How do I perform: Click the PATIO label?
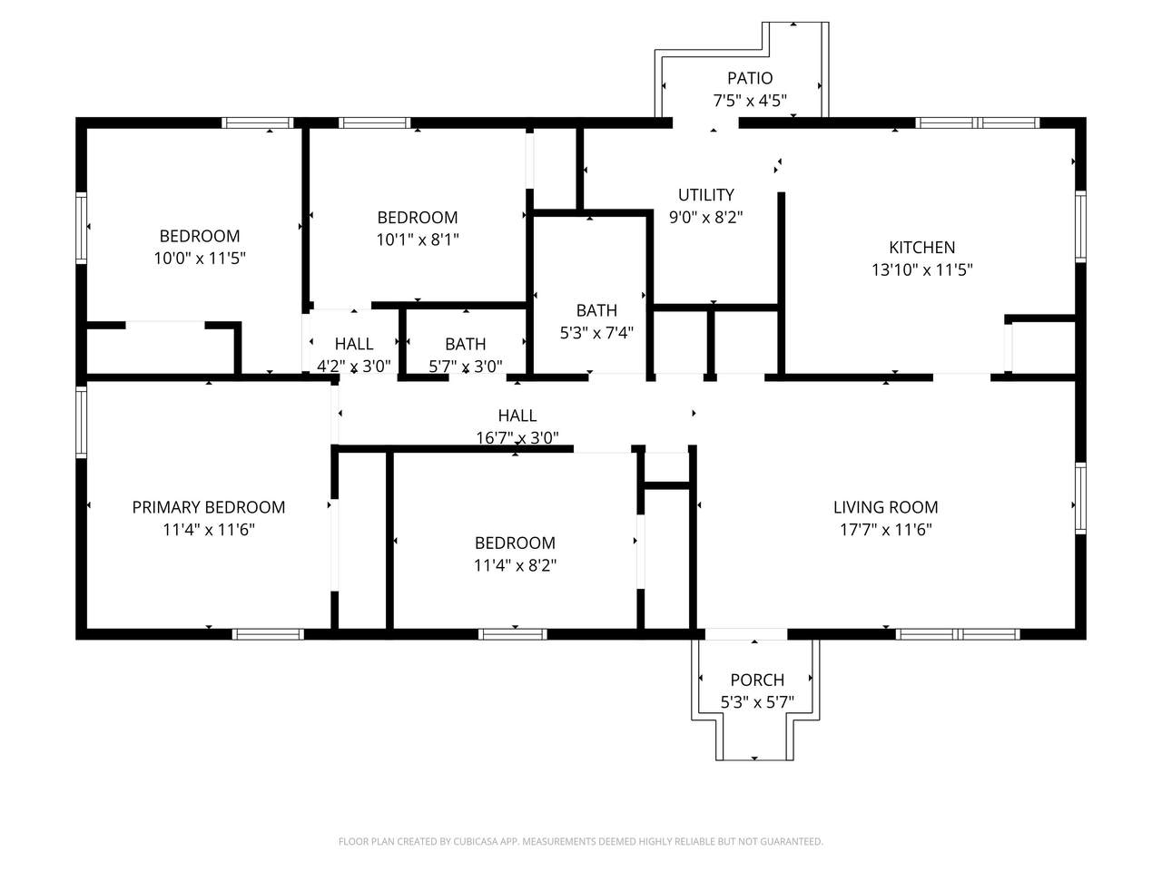point(750,78)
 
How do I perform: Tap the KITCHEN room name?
point(921,248)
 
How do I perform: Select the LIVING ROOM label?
point(885,507)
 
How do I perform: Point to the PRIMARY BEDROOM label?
point(209,507)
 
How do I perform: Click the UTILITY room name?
point(705,195)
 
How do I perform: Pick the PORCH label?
point(757,680)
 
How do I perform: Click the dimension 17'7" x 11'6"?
point(885,529)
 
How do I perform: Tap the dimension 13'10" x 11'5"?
point(921,269)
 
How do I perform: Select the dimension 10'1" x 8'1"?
point(418,240)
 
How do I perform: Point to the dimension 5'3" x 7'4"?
point(596,333)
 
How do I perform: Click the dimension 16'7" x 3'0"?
point(517,438)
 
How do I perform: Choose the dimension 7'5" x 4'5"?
point(750,101)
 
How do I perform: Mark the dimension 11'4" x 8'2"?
point(515,565)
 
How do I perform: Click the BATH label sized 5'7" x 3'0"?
point(466,344)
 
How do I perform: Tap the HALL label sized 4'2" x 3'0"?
point(354,344)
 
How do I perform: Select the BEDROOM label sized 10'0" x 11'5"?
point(200,236)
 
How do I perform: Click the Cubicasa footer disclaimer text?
point(581,841)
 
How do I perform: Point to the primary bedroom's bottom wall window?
point(268,634)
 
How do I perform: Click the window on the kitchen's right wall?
point(1080,226)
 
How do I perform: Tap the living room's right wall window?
point(1080,499)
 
